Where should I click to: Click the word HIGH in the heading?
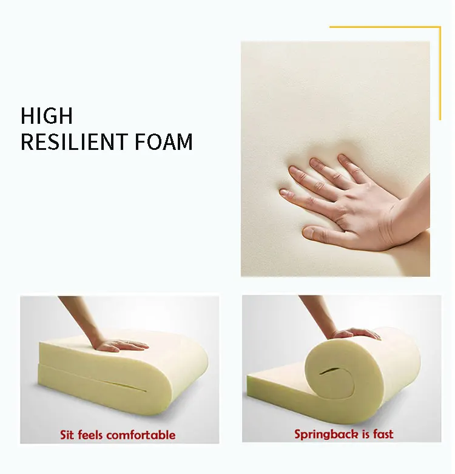point(47,115)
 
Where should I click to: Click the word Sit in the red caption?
point(69,435)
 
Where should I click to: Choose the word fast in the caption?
point(382,434)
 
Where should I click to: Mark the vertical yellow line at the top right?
point(440,73)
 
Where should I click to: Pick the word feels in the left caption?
point(93,435)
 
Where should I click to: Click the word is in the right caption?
point(364,434)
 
